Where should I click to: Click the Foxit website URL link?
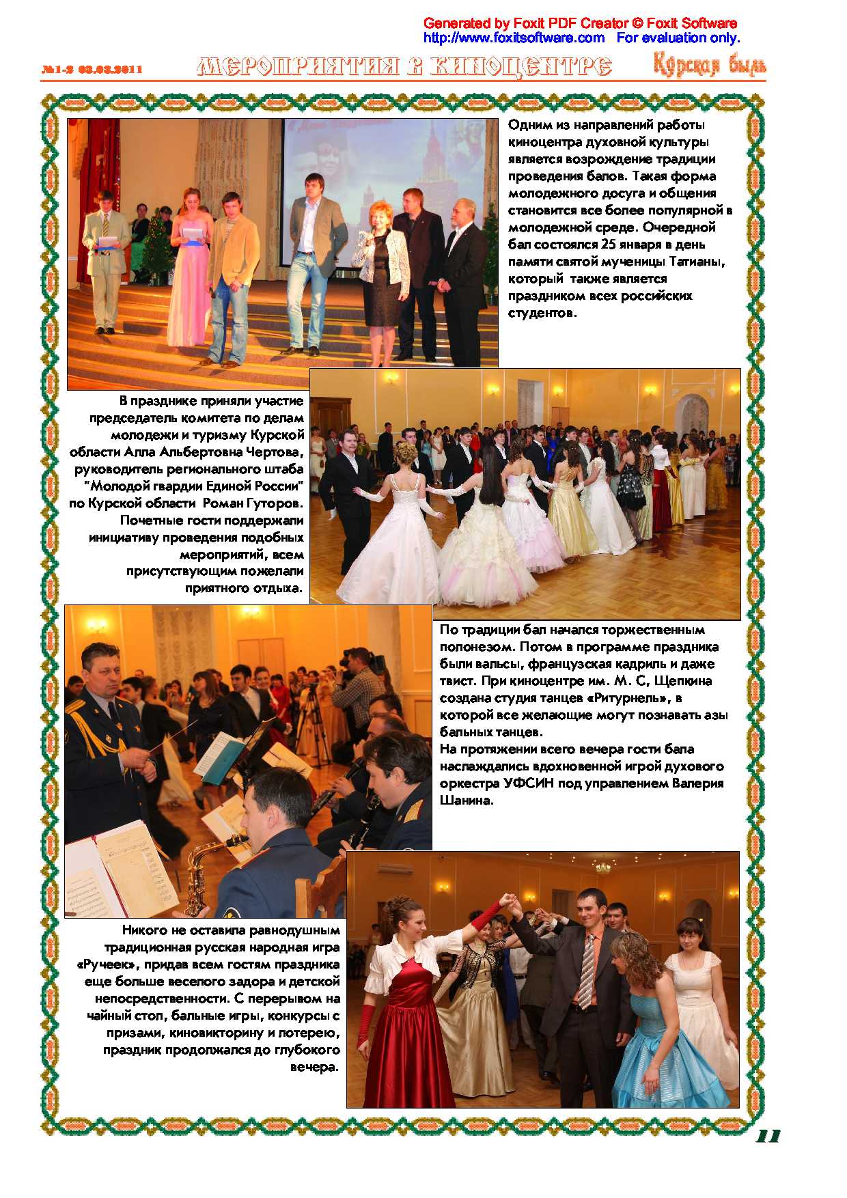(514, 38)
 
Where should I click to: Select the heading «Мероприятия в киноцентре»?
(404, 66)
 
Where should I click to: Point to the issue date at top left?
(92, 69)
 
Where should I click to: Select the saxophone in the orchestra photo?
(205, 871)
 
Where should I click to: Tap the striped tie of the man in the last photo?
(586, 973)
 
